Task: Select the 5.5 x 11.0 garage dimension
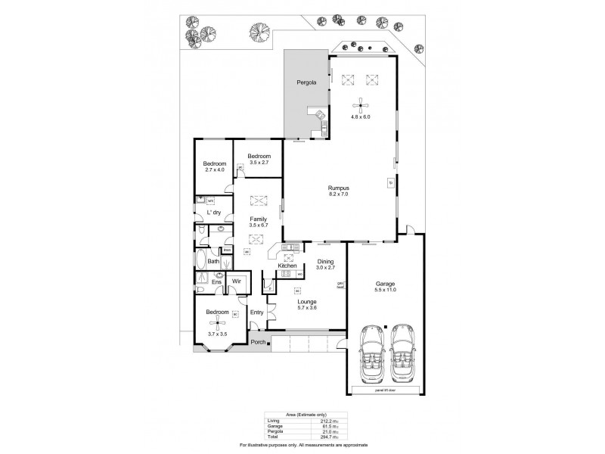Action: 386,290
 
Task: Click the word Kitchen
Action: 287,266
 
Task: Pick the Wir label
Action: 235,281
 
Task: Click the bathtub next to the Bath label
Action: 200,262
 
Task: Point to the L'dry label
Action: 213,213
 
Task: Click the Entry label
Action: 256,312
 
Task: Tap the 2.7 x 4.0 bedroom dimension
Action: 216,170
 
